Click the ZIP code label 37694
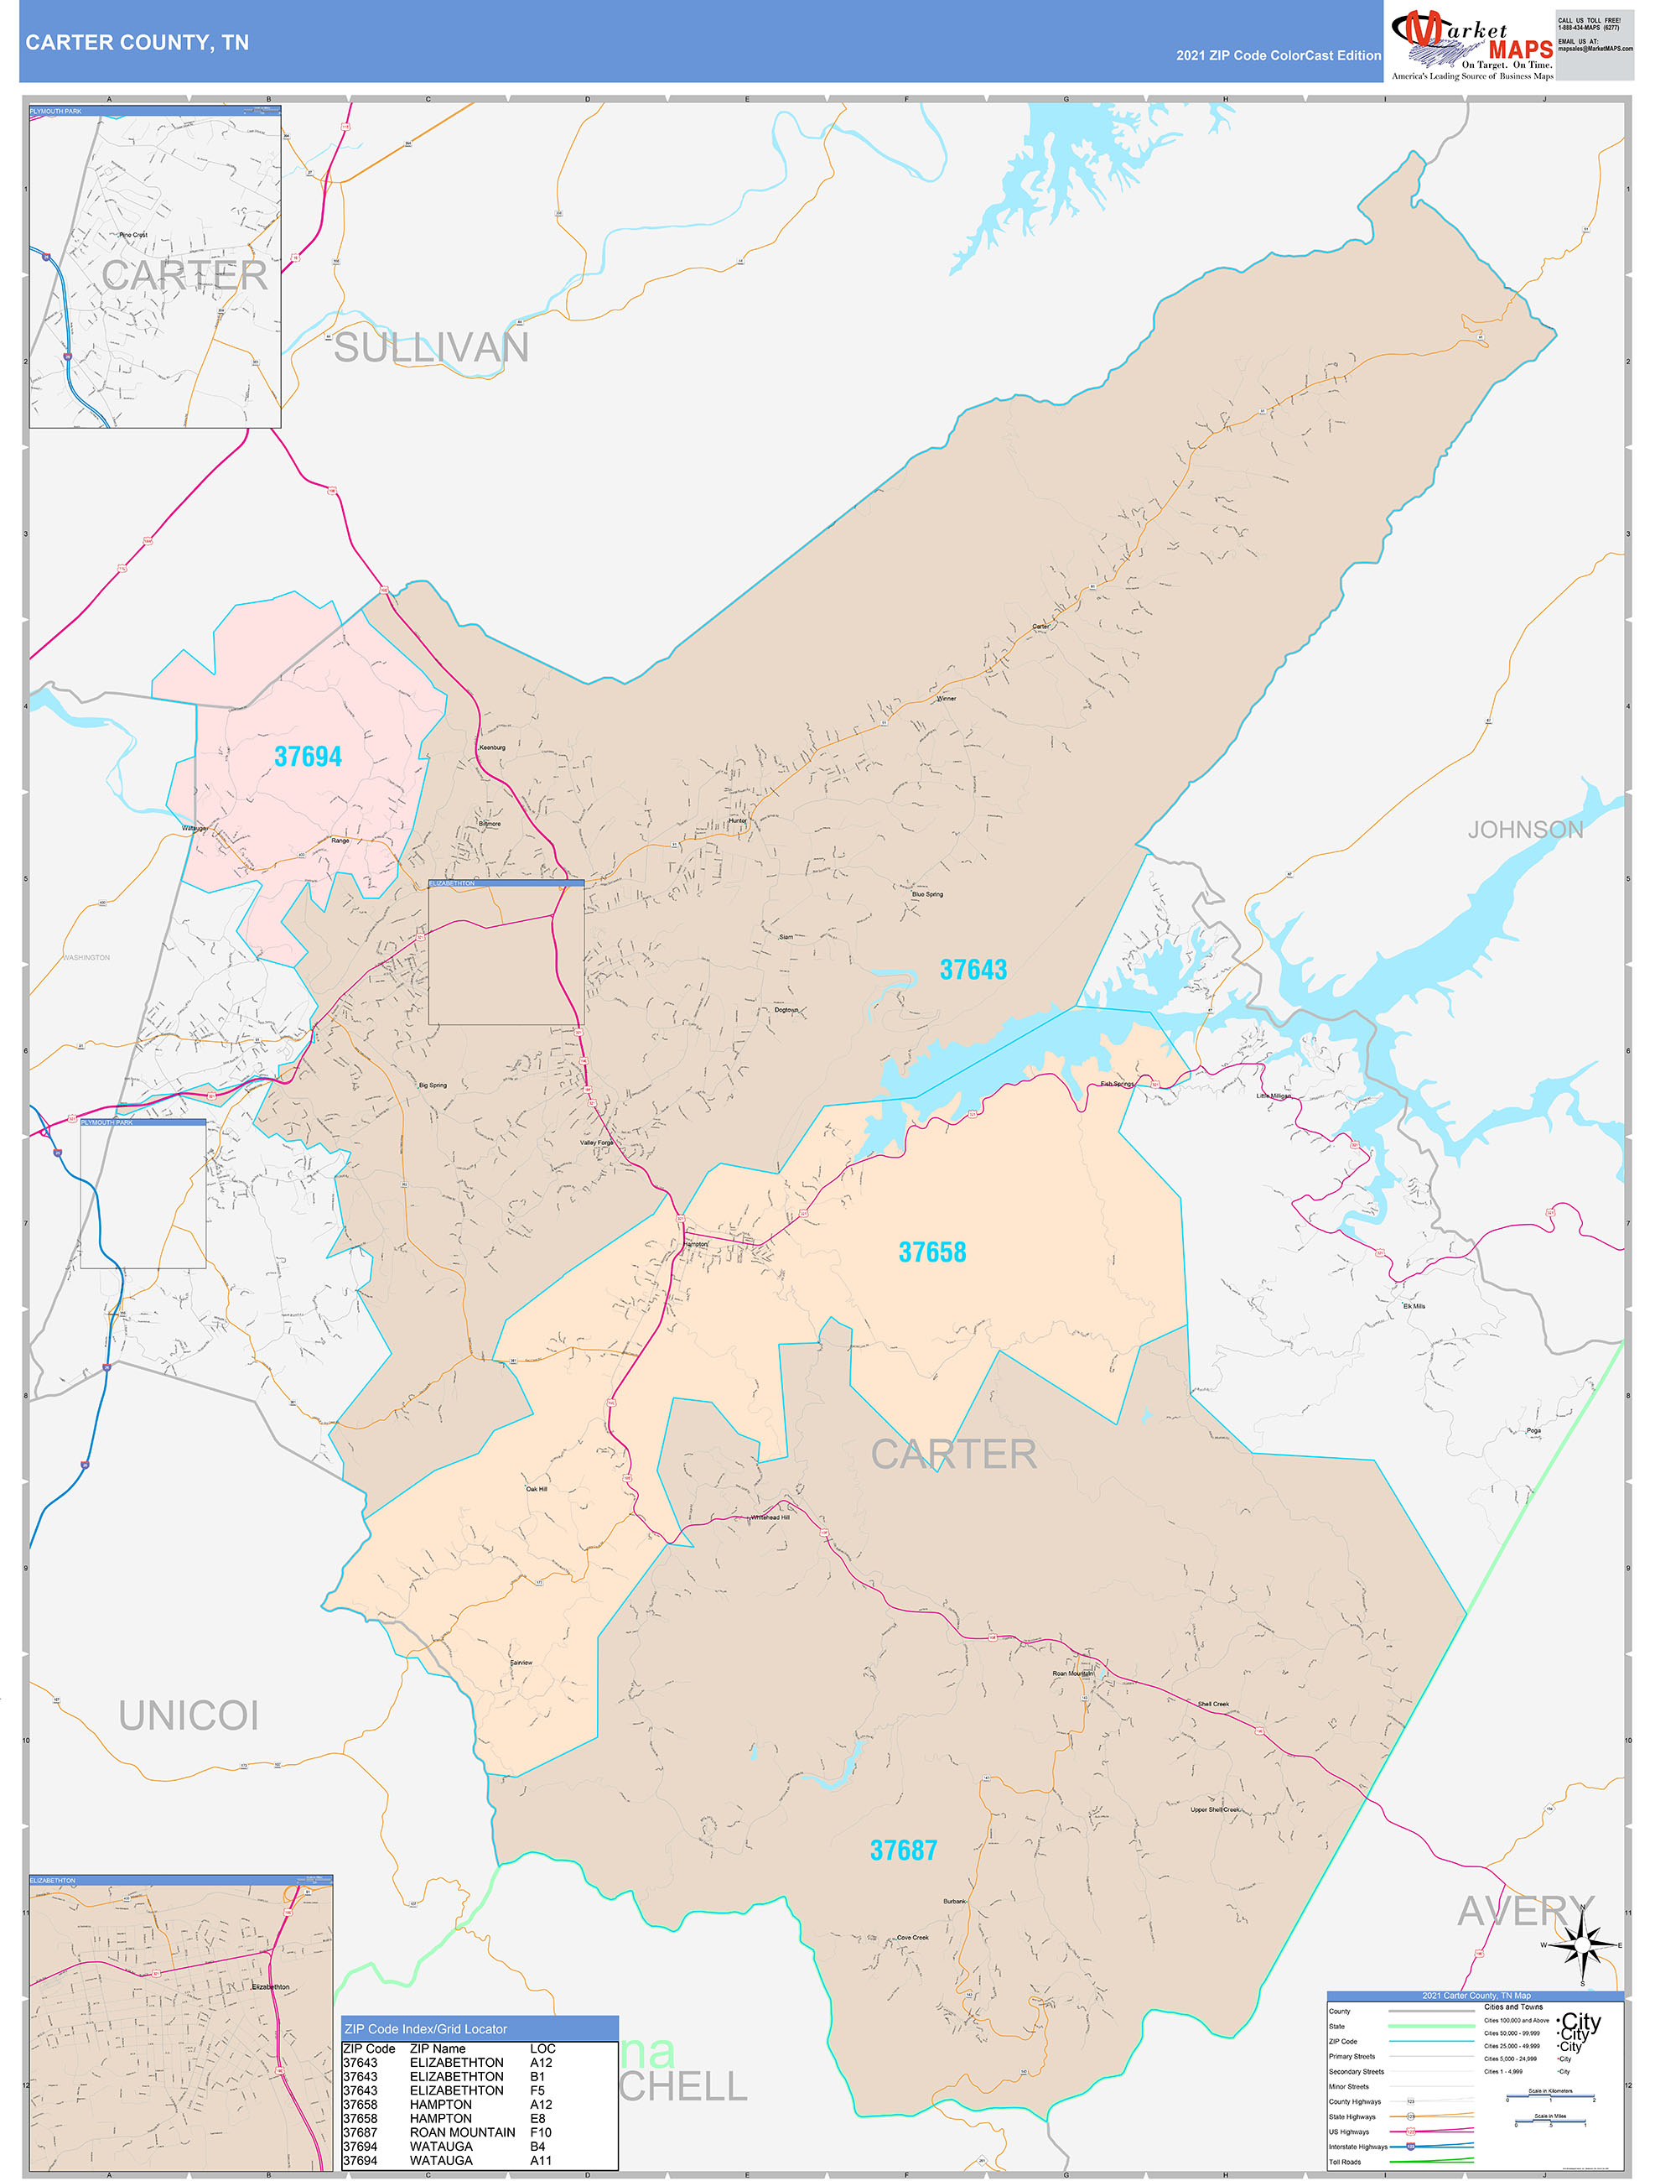[308, 757]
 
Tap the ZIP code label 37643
[973, 971]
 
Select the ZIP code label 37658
[931, 1252]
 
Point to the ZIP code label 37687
[903, 1850]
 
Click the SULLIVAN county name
[431, 348]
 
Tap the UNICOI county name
[189, 1716]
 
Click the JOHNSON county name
[1525, 830]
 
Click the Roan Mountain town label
[1072, 1673]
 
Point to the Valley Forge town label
[596, 1143]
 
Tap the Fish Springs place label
[1117, 1084]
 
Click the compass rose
[1582, 1945]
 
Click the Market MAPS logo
[1471, 41]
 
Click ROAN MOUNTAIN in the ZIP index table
[462, 2132]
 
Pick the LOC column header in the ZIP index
[542, 2048]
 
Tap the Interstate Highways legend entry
[1357, 2147]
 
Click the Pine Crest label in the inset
[133, 235]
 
